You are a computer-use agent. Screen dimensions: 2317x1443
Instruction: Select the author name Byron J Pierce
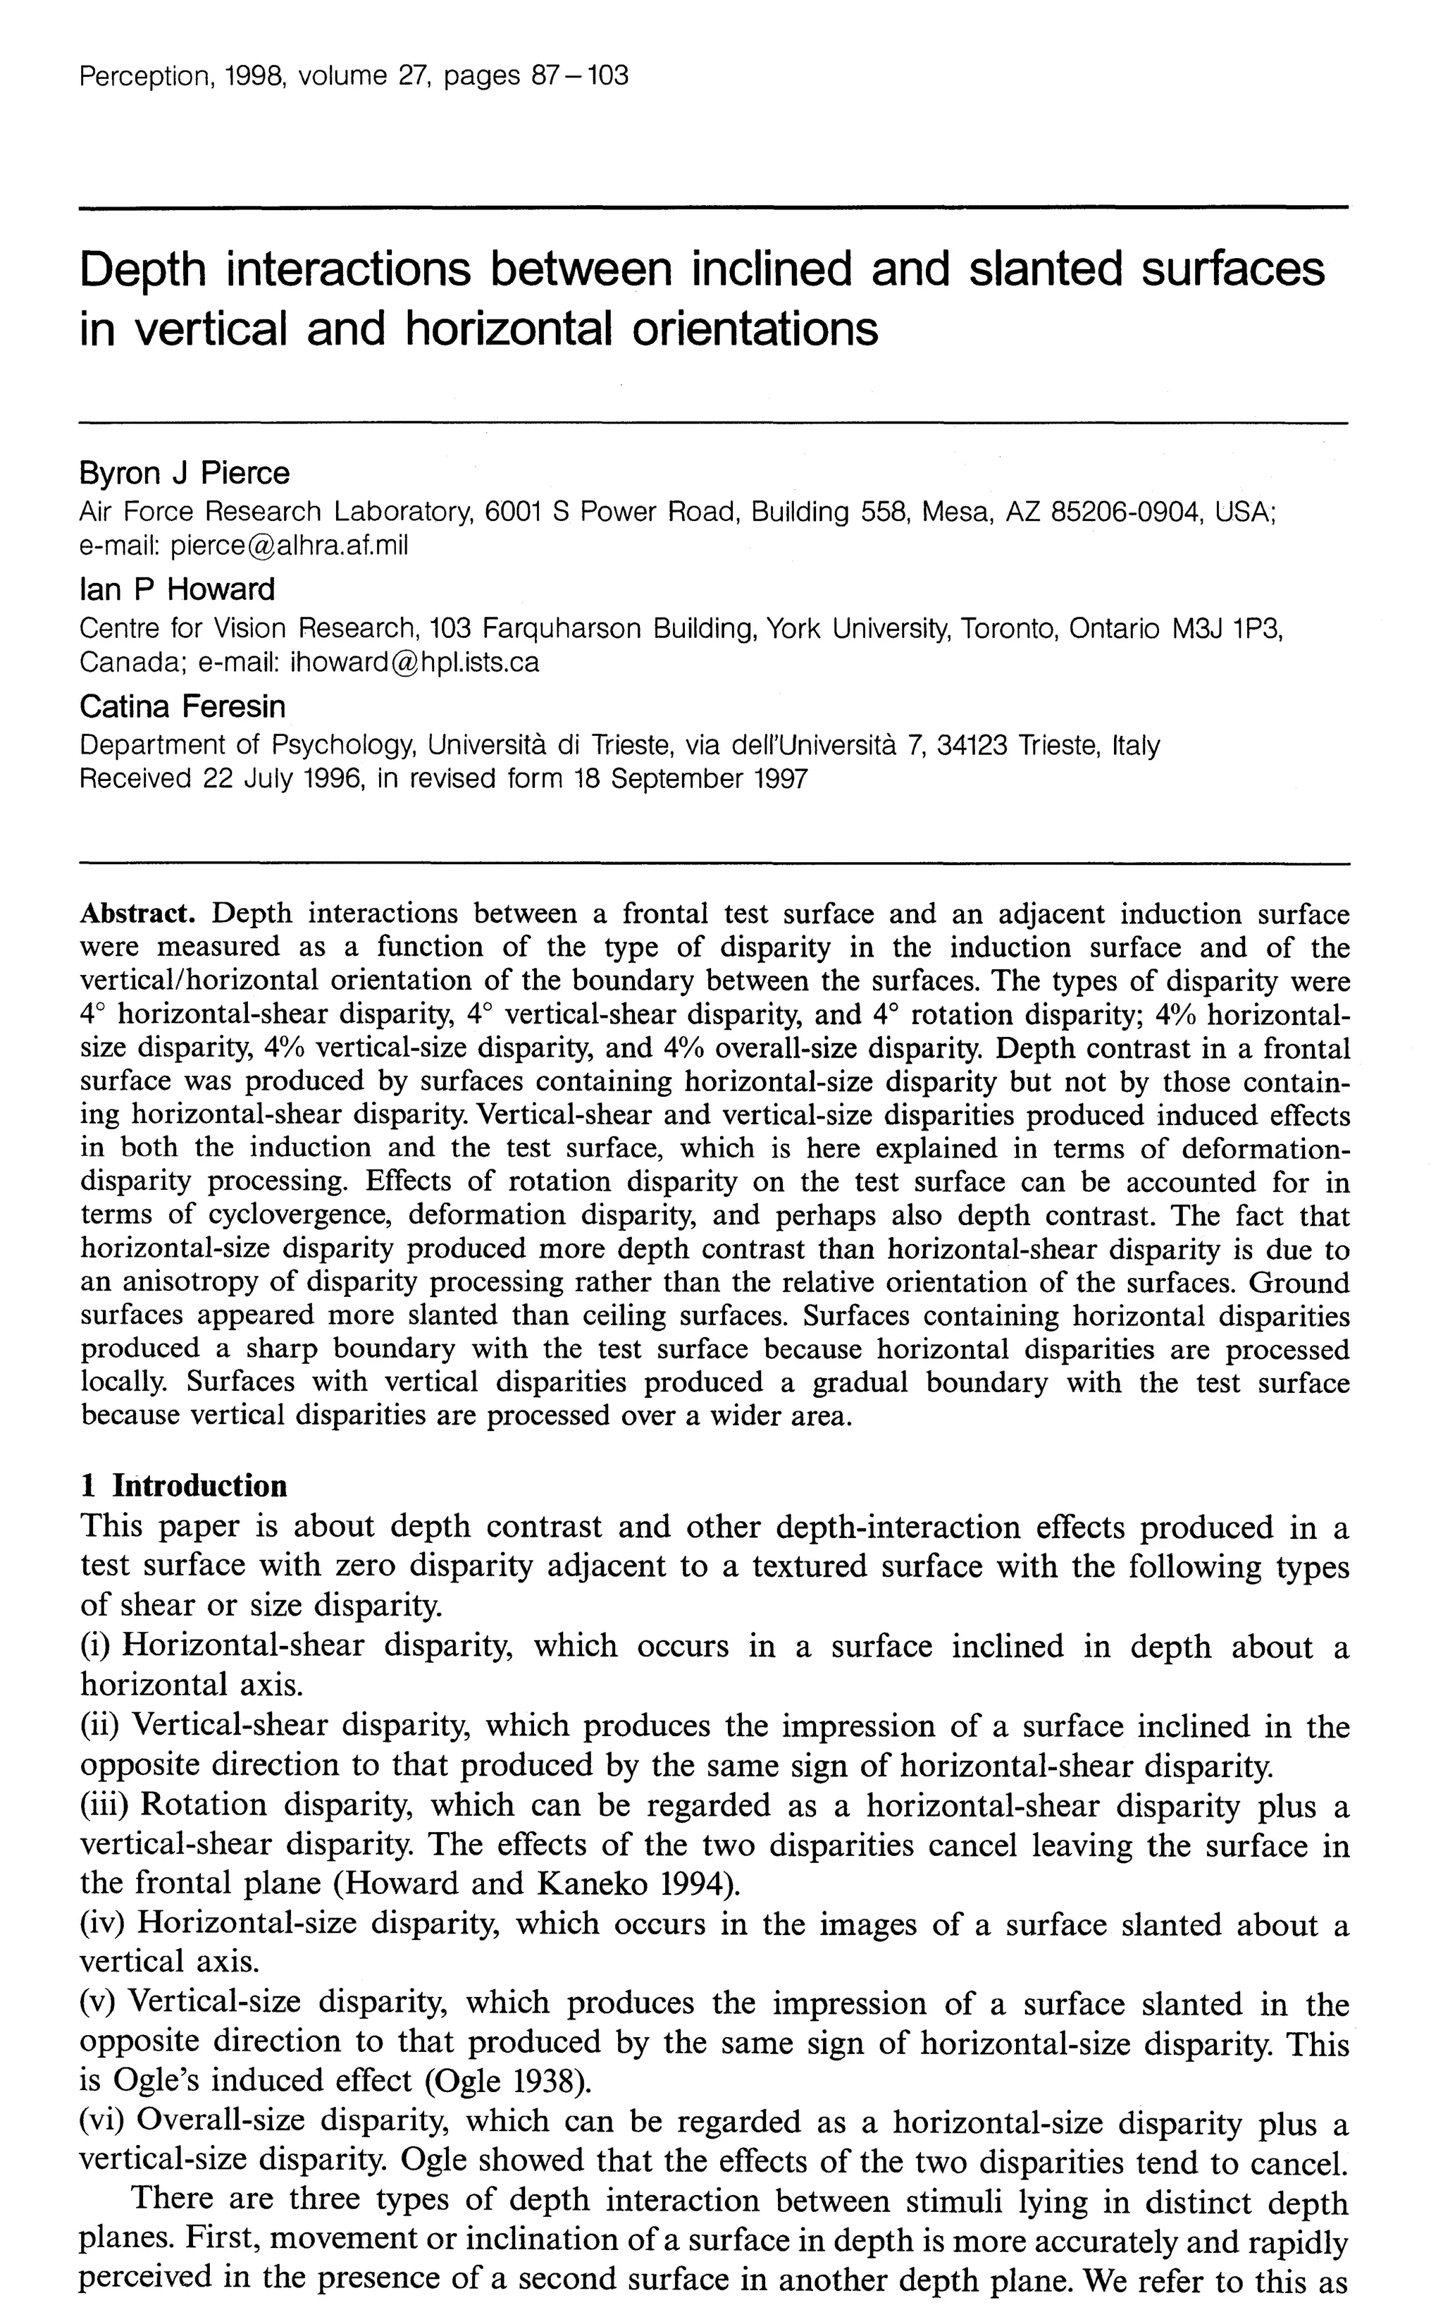click(x=184, y=474)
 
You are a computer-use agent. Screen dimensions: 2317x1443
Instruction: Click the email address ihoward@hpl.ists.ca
click(x=414, y=662)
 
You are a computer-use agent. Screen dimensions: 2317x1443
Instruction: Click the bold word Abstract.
click(x=137, y=914)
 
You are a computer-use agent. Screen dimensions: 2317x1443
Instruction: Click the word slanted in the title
click(x=1048, y=269)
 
